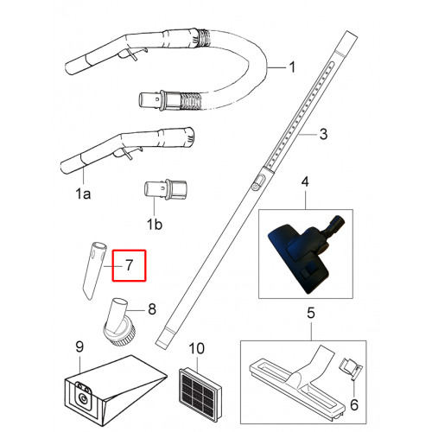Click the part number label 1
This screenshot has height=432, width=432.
(292, 67)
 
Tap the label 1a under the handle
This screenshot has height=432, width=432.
(83, 194)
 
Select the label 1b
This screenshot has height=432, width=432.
(155, 224)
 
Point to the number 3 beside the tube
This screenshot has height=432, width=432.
(323, 134)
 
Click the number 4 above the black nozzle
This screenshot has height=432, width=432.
(305, 182)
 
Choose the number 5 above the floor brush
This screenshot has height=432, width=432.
(311, 313)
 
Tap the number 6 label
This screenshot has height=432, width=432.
(354, 405)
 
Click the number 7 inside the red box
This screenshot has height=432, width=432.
(129, 265)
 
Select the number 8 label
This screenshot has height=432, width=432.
(152, 309)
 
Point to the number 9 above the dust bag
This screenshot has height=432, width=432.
(79, 346)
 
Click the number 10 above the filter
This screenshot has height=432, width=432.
(197, 348)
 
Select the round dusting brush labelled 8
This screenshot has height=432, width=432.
(119, 322)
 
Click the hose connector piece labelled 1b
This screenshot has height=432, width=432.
(165, 189)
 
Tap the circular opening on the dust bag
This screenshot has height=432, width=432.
(84, 399)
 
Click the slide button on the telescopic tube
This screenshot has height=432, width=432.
(258, 182)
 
